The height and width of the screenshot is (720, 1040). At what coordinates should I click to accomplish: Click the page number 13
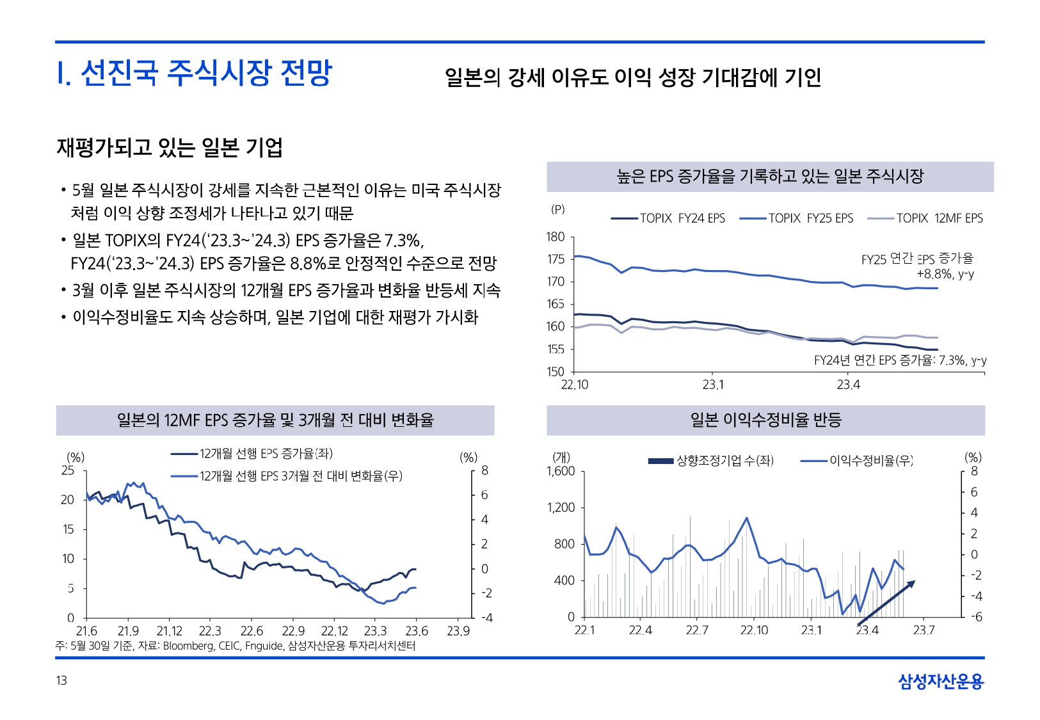point(61,680)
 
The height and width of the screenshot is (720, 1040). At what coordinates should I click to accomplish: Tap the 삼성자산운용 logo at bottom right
point(940,681)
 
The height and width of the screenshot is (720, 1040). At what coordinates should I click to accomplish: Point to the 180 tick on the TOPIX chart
point(556,237)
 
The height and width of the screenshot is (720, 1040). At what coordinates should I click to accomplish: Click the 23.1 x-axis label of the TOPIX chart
point(713,385)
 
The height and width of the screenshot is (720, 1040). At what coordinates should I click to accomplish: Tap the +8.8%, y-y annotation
point(945,274)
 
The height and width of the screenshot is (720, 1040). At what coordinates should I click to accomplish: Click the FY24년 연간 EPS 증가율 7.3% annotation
point(900,360)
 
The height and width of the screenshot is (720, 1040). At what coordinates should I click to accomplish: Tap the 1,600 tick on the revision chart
point(561,471)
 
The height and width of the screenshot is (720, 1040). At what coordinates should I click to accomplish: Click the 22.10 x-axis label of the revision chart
point(754,630)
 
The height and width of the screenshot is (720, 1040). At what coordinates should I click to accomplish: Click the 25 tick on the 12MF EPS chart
point(68,470)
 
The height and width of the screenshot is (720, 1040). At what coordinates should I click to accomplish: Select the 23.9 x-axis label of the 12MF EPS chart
point(458,631)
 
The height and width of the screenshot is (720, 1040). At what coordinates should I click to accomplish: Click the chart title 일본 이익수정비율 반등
point(765,420)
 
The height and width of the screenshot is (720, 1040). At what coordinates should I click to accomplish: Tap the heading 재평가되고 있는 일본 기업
point(170,148)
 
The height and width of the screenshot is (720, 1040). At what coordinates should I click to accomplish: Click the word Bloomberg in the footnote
point(188,646)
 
